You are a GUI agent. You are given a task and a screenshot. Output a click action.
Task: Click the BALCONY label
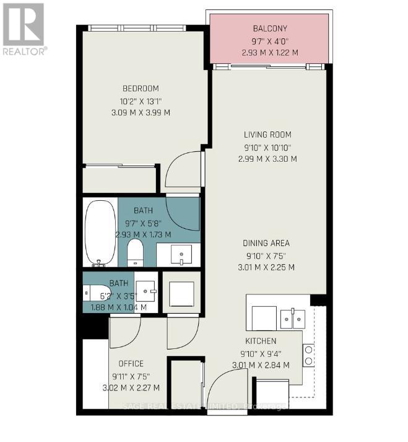tap(270, 29)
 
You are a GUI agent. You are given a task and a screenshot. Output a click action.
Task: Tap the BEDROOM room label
tap(141, 88)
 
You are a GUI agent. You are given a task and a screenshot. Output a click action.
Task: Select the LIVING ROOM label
tap(267, 135)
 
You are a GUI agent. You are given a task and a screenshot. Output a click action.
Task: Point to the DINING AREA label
tap(266, 243)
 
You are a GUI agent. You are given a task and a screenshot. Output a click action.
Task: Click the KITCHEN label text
tap(261, 341)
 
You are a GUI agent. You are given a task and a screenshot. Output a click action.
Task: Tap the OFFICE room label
tap(128, 364)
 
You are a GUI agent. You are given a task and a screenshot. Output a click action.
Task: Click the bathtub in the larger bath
tap(100, 232)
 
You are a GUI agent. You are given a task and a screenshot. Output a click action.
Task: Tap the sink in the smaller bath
tap(147, 290)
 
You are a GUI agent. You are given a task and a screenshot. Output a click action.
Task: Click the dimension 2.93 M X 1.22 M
tap(270, 53)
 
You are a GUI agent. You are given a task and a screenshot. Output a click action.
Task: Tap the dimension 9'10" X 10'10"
tap(267, 147)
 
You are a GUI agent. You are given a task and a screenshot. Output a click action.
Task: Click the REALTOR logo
tap(24, 29)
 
